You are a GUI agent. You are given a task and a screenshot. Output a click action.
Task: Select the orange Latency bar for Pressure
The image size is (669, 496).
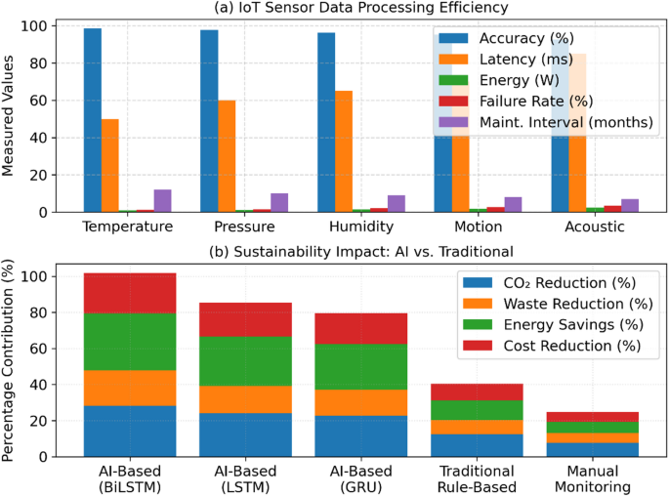point(227,156)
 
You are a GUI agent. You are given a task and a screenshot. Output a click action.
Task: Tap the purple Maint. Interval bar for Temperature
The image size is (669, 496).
point(163,200)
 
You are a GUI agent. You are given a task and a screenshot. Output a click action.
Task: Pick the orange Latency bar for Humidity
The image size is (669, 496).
point(344,151)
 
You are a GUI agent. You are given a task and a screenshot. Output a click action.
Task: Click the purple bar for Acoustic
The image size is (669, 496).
point(630,205)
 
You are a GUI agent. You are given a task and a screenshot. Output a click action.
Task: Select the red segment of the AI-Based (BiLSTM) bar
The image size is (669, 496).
point(129,293)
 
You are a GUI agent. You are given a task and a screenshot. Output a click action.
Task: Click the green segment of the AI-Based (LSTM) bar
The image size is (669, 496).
point(245,361)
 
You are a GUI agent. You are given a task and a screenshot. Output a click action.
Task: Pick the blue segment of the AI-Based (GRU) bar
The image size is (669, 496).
point(361,435)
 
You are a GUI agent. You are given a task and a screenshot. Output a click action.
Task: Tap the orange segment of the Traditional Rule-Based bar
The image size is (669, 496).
point(478,427)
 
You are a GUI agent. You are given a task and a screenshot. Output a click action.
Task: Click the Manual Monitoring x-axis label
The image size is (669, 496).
point(594,478)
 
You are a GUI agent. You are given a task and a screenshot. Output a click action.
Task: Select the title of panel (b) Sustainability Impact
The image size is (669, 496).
point(360,251)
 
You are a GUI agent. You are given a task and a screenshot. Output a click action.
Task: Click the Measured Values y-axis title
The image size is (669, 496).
point(9,114)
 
